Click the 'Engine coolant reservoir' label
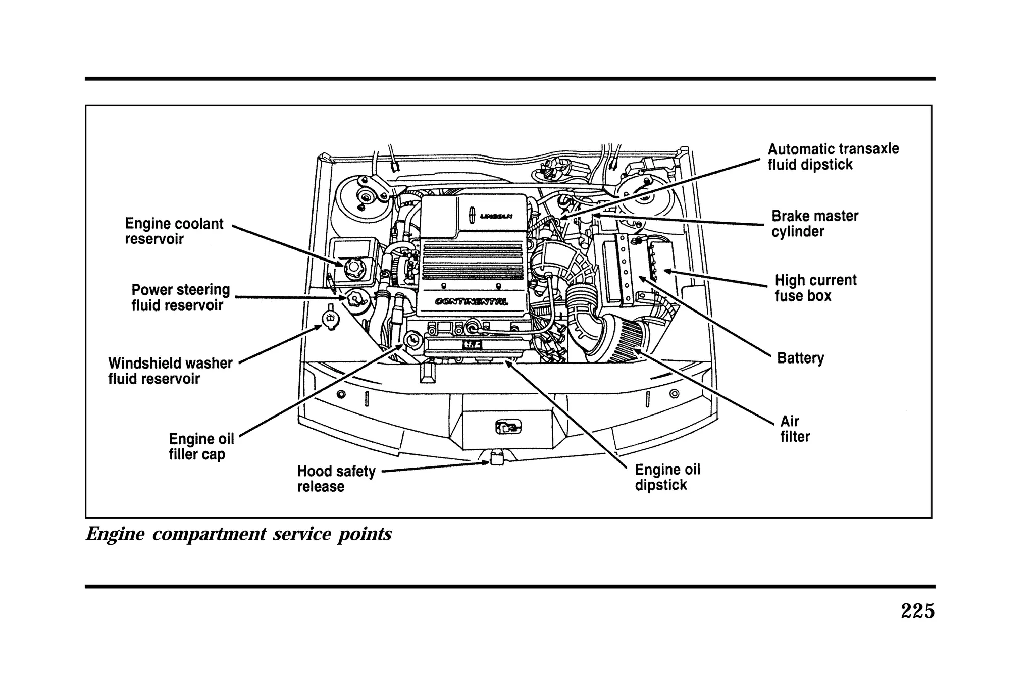174,231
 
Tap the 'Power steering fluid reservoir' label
180,297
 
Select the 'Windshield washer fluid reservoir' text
170,371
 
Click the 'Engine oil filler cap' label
201,446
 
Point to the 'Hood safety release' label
336,479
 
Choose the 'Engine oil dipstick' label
667,477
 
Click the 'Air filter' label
794,429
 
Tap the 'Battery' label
800,358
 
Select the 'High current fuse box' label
815,288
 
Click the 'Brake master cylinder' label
814,224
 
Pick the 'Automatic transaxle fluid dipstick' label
833,157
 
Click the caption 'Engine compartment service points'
239,534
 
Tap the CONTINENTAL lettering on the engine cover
472,302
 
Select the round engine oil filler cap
412,340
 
